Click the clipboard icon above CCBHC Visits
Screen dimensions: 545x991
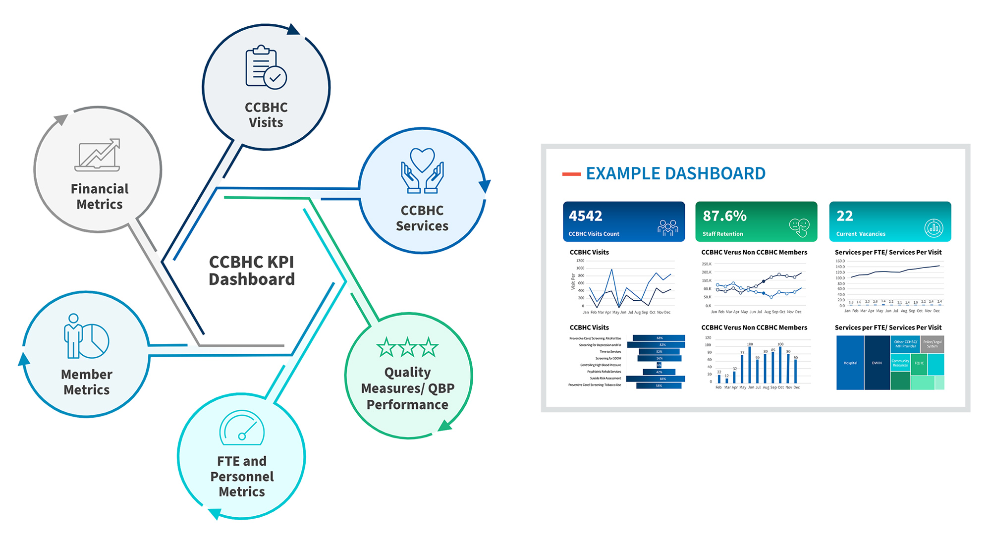[x=266, y=67]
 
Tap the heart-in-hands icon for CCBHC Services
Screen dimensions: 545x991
[x=422, y=171]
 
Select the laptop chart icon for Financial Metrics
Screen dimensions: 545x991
[x=98, y=155]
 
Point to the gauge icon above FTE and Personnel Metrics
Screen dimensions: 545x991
[x=242, y=428]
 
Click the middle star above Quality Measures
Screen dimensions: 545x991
[x=407, y=347]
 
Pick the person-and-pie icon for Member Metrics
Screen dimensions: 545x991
[x=86, y=336]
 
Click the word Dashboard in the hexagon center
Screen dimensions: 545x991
[x=252, y=279]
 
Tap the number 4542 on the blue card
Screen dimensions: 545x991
[x=585, y=216]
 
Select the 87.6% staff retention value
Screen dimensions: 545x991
[x=724, y=216]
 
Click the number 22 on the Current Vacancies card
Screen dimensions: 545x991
[x=844, y=216]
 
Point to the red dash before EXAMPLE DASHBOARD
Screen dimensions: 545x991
[x=571, y=174]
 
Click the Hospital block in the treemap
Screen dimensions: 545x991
[x=850, y=363]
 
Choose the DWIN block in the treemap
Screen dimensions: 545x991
[x=877, y=363]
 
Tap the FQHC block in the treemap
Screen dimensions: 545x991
[x=919, y=363]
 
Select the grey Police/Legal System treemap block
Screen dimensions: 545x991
[x=932, y=344]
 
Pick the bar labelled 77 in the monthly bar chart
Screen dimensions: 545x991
[x=742, y=369]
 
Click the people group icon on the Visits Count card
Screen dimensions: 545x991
[x=667, y=227]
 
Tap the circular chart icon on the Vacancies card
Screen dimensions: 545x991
[x=934, y=228]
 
